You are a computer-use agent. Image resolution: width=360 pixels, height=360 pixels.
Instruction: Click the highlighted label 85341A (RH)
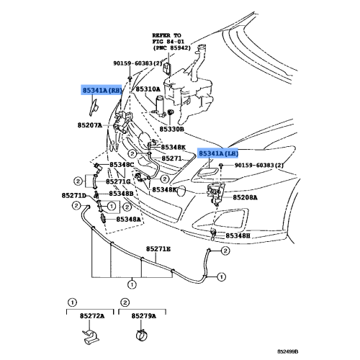click(x=102, y=90)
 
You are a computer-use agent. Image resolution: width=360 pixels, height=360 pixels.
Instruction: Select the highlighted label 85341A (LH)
click(x=218, y=153)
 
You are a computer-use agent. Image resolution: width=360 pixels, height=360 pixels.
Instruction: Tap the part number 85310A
click(x=148, y=89)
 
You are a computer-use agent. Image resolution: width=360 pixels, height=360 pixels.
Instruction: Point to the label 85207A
click(x=90, y=125)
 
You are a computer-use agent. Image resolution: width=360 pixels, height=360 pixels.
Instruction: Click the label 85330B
click(x=172, y=130)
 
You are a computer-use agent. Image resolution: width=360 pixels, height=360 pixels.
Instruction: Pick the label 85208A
click(x=245, y=197)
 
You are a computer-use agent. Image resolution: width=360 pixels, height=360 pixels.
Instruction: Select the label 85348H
click(x=238, y=236)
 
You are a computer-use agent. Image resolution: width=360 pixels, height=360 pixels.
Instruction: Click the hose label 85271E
click(x=158, y=249)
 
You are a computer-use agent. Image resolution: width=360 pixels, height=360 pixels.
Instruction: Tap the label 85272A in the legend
click(x=92, y=316)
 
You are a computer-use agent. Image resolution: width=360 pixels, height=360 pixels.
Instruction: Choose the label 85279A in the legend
click(x=143, y=316)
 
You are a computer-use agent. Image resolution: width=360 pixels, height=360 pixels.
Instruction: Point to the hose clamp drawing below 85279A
click(x=142, y=335)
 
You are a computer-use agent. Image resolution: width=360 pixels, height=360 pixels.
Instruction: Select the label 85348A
click(x=128, y=219)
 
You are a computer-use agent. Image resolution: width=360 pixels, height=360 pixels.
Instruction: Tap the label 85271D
click(x=74, y=196)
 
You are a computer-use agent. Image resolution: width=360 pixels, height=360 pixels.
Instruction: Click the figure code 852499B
click(x=288, y=351)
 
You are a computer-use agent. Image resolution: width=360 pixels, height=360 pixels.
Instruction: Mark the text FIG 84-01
click(x=168, y=42)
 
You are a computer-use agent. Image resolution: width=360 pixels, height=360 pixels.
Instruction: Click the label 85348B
click(x=121, y=193)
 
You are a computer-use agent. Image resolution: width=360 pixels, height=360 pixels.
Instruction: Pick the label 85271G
click(x=118, y=181)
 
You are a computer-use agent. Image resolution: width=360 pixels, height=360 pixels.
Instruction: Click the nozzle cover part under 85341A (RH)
click(x=93, y=107)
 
